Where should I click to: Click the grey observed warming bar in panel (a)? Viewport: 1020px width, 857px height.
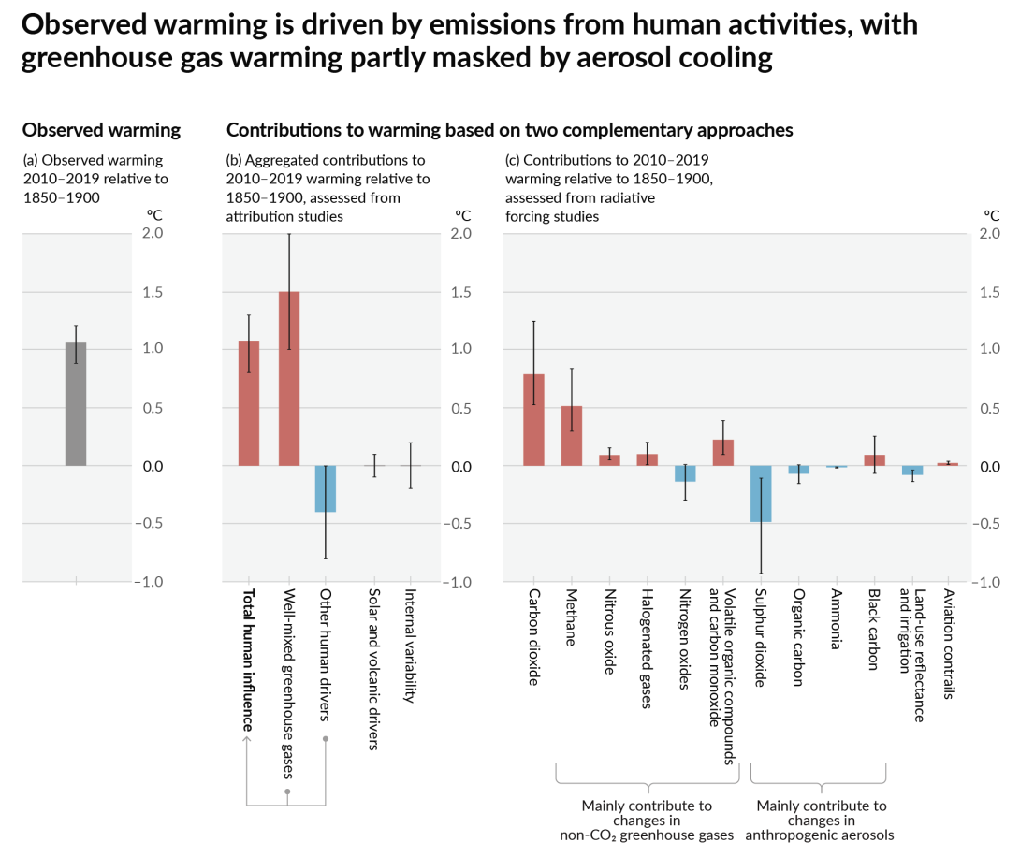click(76, 404)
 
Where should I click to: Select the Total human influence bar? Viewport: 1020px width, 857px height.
click(249, 404)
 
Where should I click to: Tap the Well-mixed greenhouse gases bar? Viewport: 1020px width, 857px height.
click(289, 379)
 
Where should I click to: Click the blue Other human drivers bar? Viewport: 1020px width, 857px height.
click(326, 488)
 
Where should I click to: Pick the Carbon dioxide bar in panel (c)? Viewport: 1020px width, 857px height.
click(533, 420)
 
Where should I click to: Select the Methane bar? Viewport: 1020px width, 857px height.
click(572, 436)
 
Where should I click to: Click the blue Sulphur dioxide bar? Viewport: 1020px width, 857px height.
click(760, 493)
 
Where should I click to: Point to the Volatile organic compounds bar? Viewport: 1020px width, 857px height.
click(723, 453)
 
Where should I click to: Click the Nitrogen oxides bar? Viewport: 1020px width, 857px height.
click(685, 473)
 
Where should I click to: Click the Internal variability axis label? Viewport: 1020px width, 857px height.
click(409, 646)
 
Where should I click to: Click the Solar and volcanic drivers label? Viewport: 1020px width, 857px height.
click(371, 670)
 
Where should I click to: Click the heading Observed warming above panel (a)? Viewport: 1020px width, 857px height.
click(101, 130)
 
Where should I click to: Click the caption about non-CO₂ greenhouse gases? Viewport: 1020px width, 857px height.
click(647, 820)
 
